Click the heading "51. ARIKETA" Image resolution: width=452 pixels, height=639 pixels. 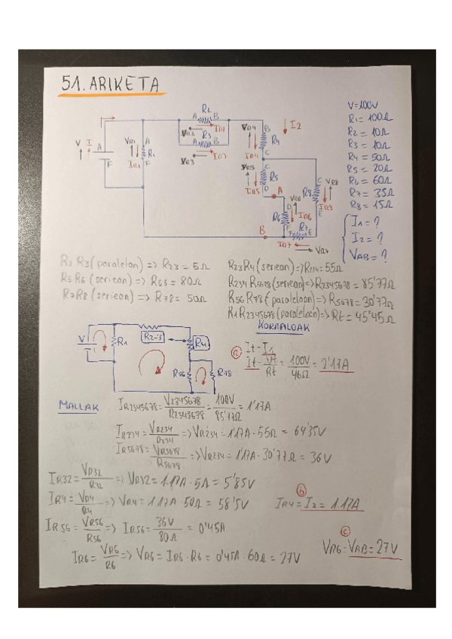113,86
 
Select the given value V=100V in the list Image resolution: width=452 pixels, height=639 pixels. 363,106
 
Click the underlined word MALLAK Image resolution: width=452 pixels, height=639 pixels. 79,406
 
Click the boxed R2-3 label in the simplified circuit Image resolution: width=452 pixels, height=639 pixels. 154,335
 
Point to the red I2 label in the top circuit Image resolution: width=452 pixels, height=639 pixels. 295,125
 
